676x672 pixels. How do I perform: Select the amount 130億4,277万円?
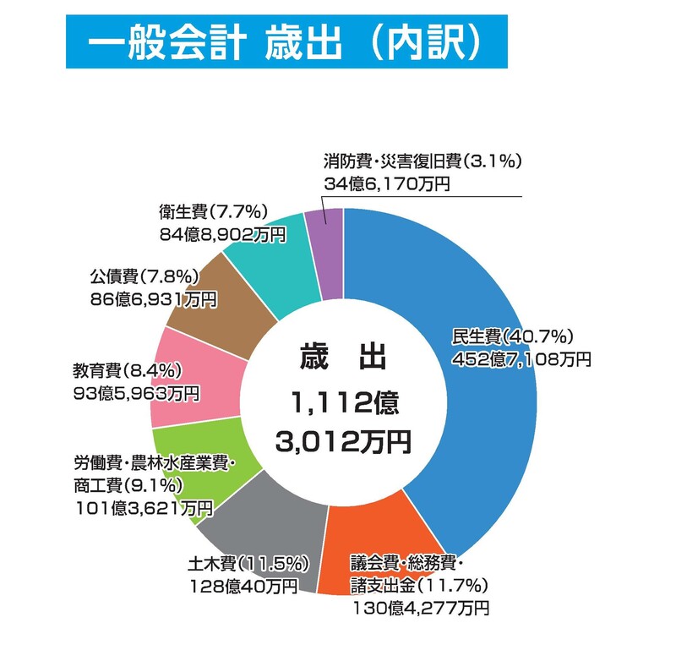click(419, 606)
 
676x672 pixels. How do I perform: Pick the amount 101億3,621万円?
click(143, 507)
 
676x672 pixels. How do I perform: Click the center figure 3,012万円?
click(342, 440)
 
